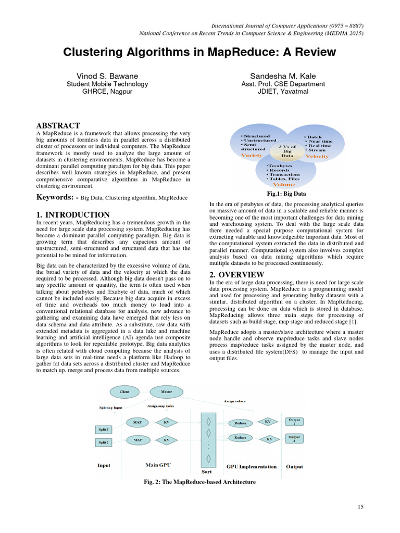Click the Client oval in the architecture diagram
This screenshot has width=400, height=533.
point(124,391)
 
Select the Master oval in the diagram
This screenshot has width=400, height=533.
point(166,391)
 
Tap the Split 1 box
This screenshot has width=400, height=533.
point(104,429)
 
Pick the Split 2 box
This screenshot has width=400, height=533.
point(104,442)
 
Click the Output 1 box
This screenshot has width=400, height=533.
point(295,422)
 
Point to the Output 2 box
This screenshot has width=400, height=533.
point(295,438)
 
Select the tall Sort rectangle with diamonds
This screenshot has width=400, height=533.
point(208,437)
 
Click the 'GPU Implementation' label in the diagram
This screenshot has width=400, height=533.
point(252,466)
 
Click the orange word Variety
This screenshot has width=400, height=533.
point(252,155)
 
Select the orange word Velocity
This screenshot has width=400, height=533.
point(317,156)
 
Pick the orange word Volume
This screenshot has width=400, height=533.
point(284,184)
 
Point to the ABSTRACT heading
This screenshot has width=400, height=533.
point(58,125)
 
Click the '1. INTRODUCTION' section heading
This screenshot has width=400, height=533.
point(72,214)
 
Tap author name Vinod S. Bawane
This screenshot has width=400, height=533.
point(107,76)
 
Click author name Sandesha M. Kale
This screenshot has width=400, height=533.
point(283,76)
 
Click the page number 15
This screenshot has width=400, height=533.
point(360,506)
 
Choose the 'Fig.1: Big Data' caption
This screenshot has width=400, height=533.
point(286,194)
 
